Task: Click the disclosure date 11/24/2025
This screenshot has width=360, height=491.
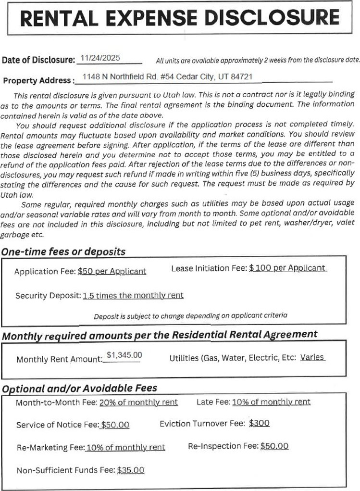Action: [100, 58]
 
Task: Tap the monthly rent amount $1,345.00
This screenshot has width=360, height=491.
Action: [124, 355]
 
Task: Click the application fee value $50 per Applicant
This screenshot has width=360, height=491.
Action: [112, 271]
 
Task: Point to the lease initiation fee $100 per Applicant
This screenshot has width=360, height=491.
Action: [287, 268]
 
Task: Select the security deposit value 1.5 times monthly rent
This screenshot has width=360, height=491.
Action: [133, 295]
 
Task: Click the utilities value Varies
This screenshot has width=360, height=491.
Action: [312, 357]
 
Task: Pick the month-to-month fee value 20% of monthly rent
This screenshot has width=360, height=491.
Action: [138, 402]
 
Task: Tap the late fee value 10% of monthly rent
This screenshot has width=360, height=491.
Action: [271, 402]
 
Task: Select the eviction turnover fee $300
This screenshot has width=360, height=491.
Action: [260, 423]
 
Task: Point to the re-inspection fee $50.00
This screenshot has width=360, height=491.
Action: [274, 446]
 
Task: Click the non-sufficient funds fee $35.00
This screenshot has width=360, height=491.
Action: [130, 470]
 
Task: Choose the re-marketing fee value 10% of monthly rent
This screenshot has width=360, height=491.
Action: [125, 447]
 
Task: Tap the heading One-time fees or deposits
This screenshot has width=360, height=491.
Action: [63, 252]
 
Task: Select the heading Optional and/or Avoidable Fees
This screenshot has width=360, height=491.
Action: [80, 388]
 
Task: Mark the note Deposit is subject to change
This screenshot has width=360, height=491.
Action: [190, 315]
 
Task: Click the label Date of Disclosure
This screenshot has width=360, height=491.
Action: [38, 60]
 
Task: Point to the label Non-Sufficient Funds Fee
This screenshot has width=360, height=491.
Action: [66, 470]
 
